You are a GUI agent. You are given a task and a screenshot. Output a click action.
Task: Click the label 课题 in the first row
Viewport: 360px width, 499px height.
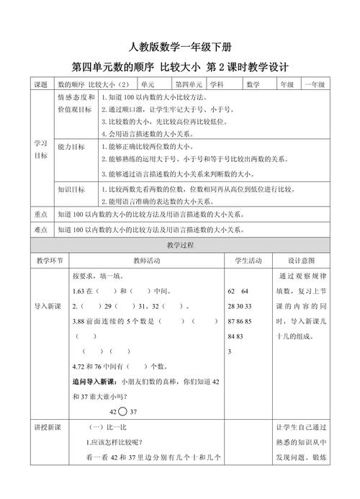(x=40, y=85)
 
